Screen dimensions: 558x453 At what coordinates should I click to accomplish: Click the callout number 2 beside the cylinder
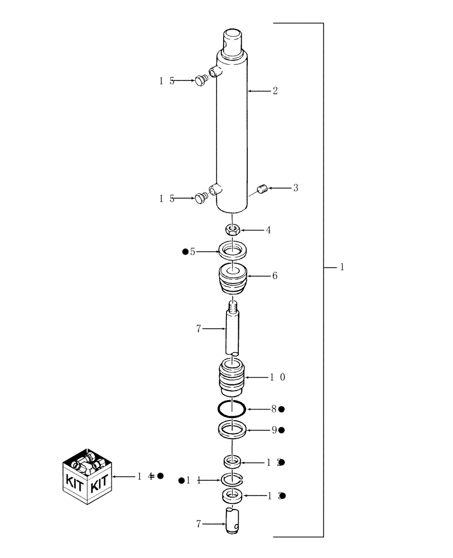pyautogui.click(x=275, y=90)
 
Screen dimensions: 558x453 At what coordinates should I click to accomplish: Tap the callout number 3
pyautogui.click(x=296, y=188)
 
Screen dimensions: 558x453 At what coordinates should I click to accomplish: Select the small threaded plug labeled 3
pyautogui.click(x=263, y=190)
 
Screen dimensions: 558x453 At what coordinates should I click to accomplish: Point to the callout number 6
pyautogui.click(x=274, y=276)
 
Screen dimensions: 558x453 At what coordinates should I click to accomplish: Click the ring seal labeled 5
pyautogui.click(x=232, y=249)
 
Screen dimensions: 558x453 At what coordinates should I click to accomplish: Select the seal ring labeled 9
pyautogui.click(x=232, y=431)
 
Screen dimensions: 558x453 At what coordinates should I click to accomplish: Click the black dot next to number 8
pyautogui.click(x=282, y=410)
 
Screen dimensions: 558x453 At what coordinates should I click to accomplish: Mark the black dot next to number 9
pyautogui.click(x=282, y=430)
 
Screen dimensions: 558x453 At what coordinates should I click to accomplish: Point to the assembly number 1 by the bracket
pyautogui.click(x=341, y=267)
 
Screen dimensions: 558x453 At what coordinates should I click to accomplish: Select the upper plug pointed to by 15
pyautogui.click(x=201, y=81)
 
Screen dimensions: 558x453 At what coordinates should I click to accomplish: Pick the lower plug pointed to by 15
pyautogui.click(x=201, y=198)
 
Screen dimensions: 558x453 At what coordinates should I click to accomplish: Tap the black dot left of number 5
pyautogui.click(x=185, y=252)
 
